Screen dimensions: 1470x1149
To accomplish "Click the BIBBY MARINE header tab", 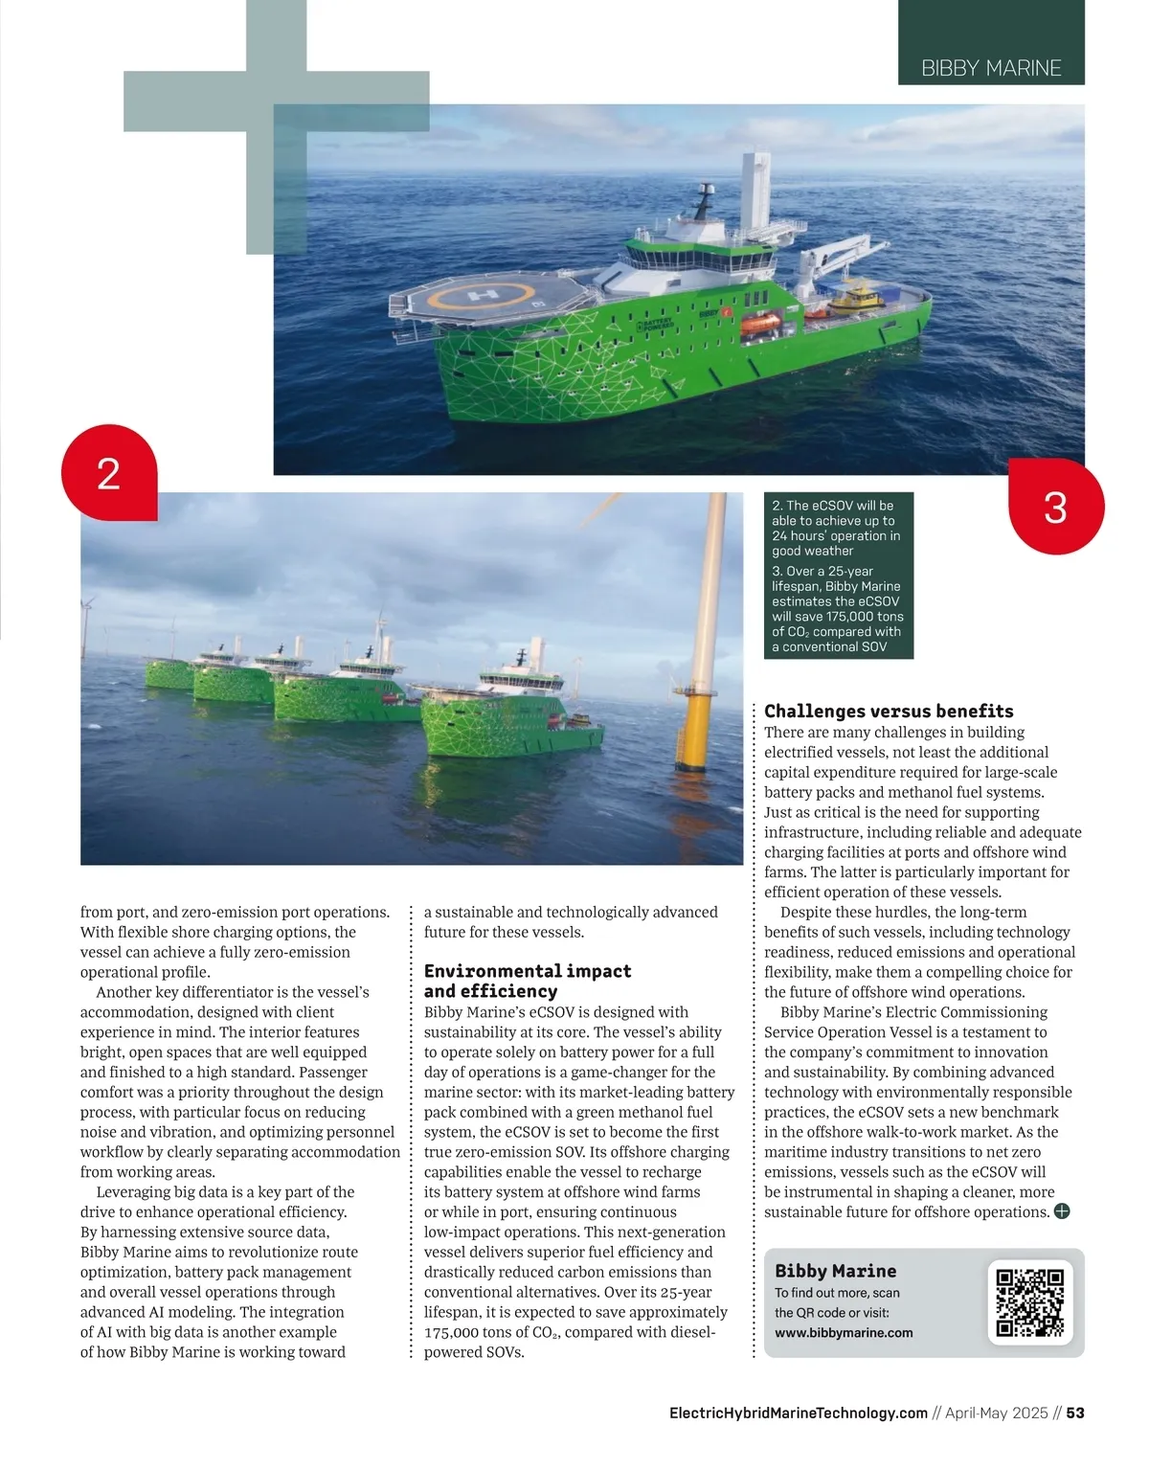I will [991, 67].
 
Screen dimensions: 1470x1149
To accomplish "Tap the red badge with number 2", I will [109, 473].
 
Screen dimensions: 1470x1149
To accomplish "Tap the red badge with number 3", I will [1055, 507].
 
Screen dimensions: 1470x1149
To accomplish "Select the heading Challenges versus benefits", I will [889, 711].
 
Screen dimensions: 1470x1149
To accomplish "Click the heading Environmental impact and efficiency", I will [528, 981].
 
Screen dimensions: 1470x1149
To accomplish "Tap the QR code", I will [1030, 1302].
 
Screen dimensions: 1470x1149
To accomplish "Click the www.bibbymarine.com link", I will [844, 1332].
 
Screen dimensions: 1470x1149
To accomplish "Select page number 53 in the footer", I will [1075, 1413].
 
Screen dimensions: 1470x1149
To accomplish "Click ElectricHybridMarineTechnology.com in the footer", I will [799, 1413].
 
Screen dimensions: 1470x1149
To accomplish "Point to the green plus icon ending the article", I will [1062, 1211].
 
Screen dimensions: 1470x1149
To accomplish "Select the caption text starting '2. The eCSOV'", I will [836, 528].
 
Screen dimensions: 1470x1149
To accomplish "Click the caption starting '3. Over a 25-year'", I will [838, 609].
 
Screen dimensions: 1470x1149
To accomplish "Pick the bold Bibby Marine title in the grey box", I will [835, 1271].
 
